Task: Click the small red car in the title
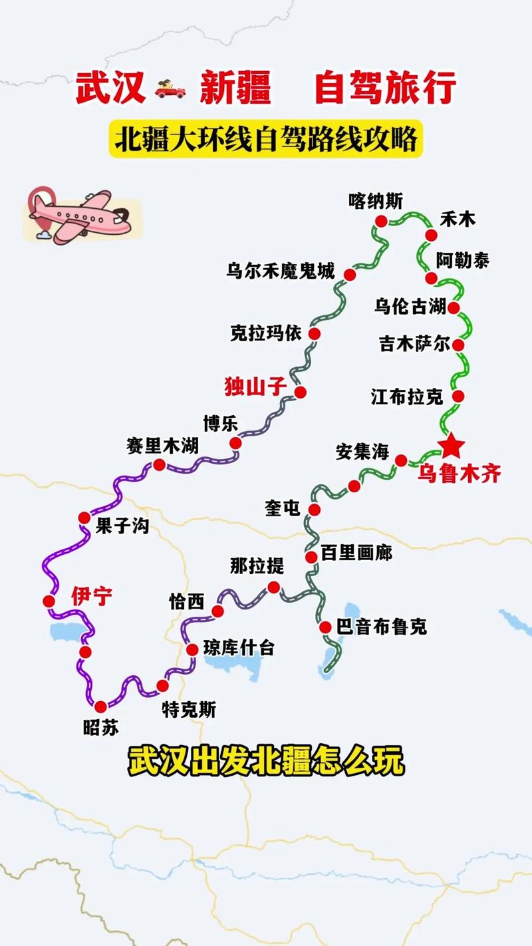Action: tap(171, 88)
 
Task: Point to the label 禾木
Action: tap(458, 219)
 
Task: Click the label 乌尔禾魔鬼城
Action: tap(280, 271)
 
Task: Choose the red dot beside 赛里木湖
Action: tap(159, 464)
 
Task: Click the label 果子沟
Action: tap(122, 527)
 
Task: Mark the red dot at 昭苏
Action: tap(100, 707)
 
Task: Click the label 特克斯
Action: tap(189, 710)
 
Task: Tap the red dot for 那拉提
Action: tap(273, 587)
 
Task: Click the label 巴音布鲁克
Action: tap(382, 626)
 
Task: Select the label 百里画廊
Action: tap(356, 553)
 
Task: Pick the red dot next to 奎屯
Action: tap(315, 510)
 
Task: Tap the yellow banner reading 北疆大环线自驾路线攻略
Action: tap(266, 141)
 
